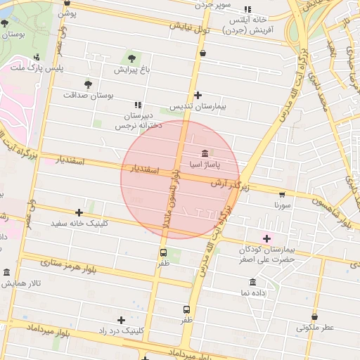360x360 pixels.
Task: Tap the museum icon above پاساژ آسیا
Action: click(x=204, y=153)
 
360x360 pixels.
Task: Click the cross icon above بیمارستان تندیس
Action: click(x=198, y=95)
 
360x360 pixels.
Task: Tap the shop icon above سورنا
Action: click(x=282, y=194)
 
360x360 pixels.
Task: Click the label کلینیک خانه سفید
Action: click(x=79, y=224)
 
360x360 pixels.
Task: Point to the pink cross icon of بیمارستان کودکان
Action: click(x=266, y=238)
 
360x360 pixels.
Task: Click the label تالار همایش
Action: click(x=21, y=283)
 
